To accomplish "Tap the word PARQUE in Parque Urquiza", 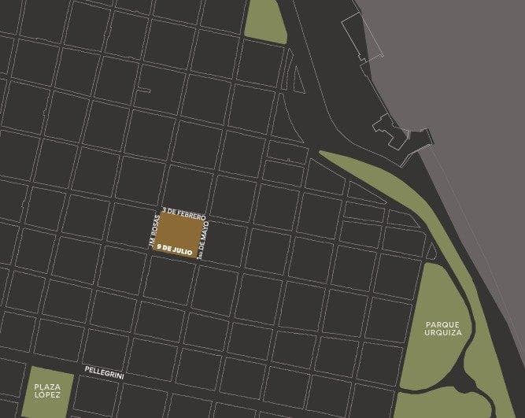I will pos(442,324).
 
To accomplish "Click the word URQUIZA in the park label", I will pos(442,333).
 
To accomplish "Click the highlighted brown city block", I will pos(183,233).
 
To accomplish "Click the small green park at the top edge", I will pos(266,20).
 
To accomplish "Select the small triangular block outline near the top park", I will pos(298,78).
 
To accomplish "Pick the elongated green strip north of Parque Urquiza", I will pos(378,185).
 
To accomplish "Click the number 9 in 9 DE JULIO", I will pos(160,247).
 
